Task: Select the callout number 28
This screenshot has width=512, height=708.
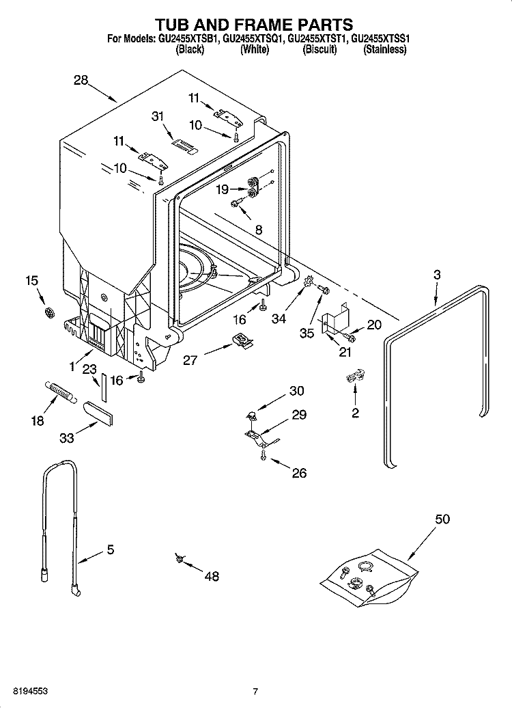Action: pyautogui.click(x=81, y=80)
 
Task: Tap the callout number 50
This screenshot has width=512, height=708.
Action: pyautogui.click(x=442, y=519)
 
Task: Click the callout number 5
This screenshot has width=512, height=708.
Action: pyautogui.click(x=110, y=549)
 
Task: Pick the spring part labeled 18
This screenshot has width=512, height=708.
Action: pyautogui.click(x=61, y=394)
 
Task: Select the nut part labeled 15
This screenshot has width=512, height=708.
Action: pyautogui.click(x=48, y=313)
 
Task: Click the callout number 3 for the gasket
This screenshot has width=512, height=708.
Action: pyautogui.click(x=437, y=274)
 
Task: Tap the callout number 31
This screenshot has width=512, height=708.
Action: pyautogui.click(x=158, y=116)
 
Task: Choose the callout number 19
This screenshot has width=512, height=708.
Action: pyautogui.click(x=223, y=191)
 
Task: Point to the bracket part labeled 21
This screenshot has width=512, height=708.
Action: pyautogui.click(x=335, y=320)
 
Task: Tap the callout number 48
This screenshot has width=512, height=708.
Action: pyautogui.click(x=212, y=576)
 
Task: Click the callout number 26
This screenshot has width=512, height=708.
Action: pyautogui.click(x=299, y=472)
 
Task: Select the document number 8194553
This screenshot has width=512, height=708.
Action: pyautogui.click(x=29, y=692)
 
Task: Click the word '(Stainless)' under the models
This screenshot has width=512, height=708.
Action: pyautogui.click(x=385, y=51)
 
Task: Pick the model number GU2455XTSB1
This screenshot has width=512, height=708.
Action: pyautogui.click(x=188, y=40)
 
